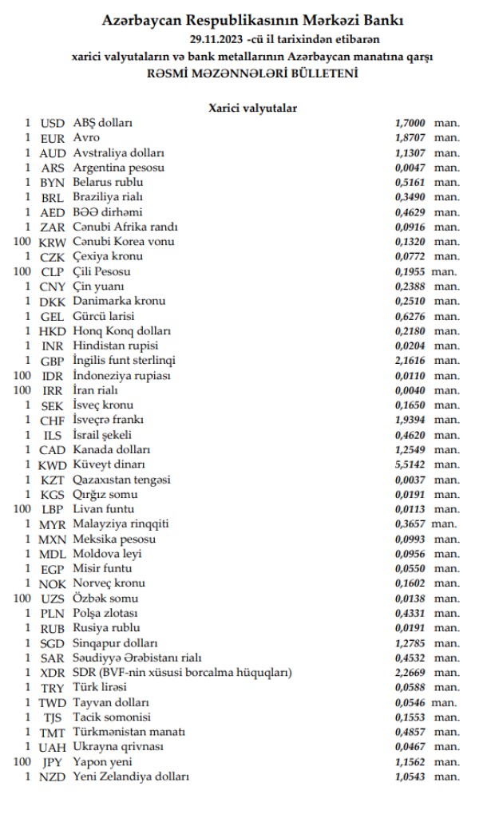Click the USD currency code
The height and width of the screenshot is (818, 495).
(52, 123)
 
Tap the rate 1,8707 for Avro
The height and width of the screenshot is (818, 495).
(410, 138)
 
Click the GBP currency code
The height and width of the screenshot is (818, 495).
(52, 361)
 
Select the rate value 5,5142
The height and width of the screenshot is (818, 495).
(410, 464)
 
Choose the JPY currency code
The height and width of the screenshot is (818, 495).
(53, 762)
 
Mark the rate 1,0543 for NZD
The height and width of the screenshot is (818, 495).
(410, 777)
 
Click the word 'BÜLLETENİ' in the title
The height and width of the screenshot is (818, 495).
(317, 73)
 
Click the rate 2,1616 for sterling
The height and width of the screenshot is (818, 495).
(410, 361)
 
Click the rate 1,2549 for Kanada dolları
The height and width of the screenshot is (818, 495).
(410, 449)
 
